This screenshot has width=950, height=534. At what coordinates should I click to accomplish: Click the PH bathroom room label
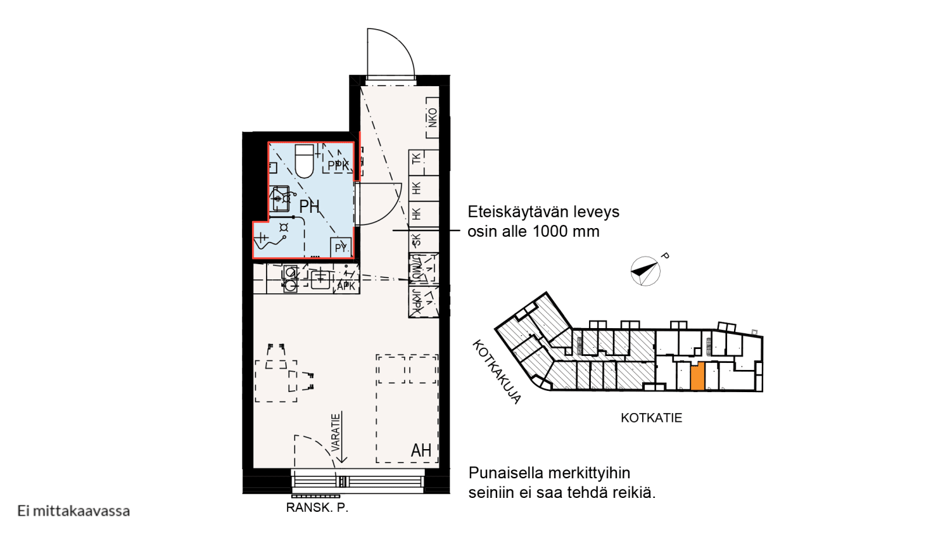tap(309, 207)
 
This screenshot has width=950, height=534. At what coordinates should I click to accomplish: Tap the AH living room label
tap(421, 450)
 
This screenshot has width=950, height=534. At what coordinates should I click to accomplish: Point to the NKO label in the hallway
tap(433, 117)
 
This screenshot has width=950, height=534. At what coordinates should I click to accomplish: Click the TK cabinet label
tap(416, 158)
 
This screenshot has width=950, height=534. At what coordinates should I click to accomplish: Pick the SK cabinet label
tap(416, 240)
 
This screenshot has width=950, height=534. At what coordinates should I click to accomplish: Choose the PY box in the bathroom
tap(341, 247)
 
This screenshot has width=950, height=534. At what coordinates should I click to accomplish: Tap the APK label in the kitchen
tap(346, 286)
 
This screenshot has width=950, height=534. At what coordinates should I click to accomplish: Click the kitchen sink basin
tap(320, 278)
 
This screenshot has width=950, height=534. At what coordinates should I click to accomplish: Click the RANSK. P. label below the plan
tap(317, 507)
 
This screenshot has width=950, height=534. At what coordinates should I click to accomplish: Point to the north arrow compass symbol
tap(645, 271)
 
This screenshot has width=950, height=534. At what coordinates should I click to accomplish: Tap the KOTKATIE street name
tap(651, 418)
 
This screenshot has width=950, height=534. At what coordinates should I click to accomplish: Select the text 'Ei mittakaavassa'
tap(73, 511)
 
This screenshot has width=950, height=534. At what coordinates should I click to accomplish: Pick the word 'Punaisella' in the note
tap(505, 473)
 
